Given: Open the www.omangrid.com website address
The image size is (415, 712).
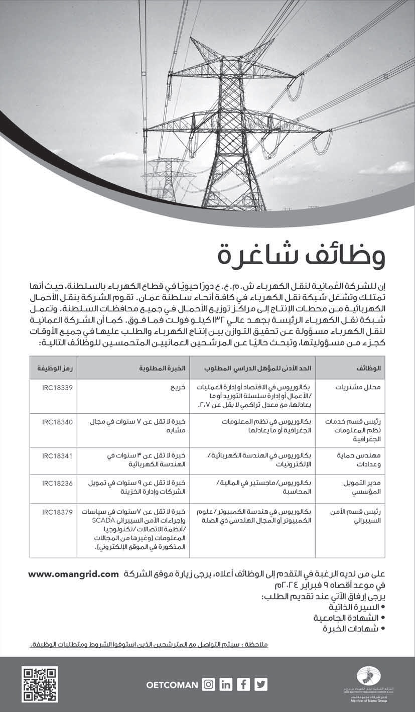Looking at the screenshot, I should (x=73, y=573).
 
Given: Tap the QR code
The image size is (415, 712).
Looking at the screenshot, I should (x=40, y=684).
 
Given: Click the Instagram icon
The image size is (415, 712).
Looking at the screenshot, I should (x=208, y=684).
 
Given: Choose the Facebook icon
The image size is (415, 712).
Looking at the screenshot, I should (x=243, y=684).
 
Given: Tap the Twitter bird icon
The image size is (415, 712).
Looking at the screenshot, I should (x=261, y=684).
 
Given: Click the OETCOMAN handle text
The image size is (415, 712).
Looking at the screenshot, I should (x=173, y=684).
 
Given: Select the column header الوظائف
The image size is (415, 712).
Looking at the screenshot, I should (x=369, y=368).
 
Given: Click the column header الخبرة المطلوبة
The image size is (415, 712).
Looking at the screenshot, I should (x=163, y=368).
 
